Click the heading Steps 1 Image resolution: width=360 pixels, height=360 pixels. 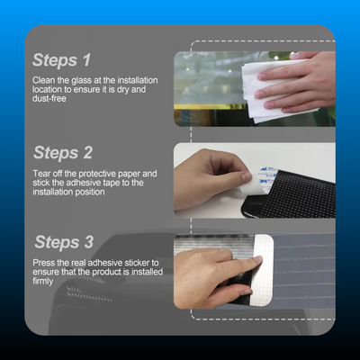coord(61,60)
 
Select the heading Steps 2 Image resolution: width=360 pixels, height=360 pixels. coord(63,153)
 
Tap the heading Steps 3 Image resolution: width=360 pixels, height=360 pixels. coord(64,242)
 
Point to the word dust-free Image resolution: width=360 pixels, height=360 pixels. coord(49,98)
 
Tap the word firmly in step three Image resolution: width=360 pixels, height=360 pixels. coord(43,282)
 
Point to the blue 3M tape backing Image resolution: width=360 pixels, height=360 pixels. coord(268,177)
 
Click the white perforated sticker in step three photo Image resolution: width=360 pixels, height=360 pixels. coord(264,270)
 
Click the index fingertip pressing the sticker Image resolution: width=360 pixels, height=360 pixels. coord(258,259)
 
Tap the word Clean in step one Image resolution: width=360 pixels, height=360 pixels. coord(44,80)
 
